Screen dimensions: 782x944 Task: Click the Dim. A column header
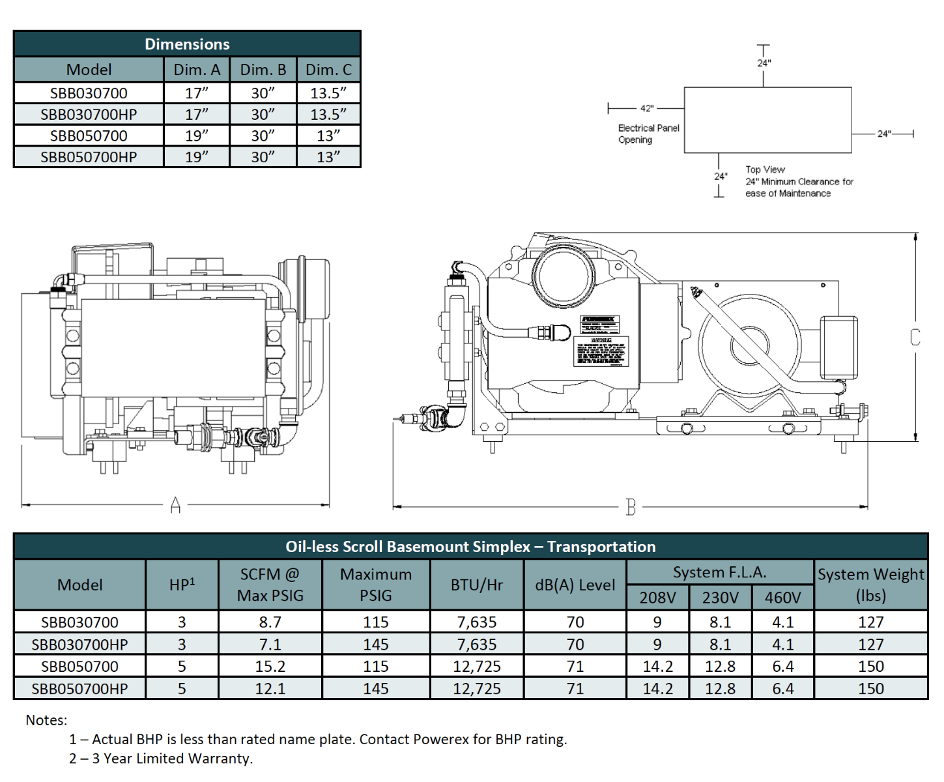coord(197,70)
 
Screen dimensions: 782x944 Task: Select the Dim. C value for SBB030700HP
coord(328,114)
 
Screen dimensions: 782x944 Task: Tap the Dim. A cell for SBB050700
coord(197,136)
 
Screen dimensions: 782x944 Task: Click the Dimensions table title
coord(187,44)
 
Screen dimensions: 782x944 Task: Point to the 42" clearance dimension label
coord(646,108)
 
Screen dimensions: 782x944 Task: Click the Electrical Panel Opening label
coord(648,134)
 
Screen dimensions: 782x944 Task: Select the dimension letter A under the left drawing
coord(175,505)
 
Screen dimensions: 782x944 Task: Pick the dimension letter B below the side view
coord(630,507)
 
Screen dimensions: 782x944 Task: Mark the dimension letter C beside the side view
coord(915,337)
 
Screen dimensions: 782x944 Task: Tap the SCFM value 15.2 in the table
coord(270,666)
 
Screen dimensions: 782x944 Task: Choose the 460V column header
coord(782,597)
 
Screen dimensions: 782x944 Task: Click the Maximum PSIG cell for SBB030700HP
coord(376,644)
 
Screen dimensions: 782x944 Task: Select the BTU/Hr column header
coord(477,585)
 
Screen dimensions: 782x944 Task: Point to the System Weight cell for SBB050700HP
coord(870,688)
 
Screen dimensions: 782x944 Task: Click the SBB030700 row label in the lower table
coord(79,622)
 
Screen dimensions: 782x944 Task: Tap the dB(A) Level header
coord(575,585)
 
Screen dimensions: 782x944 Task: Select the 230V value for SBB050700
coord(720,666)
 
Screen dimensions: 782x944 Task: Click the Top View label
coord(765,169)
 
